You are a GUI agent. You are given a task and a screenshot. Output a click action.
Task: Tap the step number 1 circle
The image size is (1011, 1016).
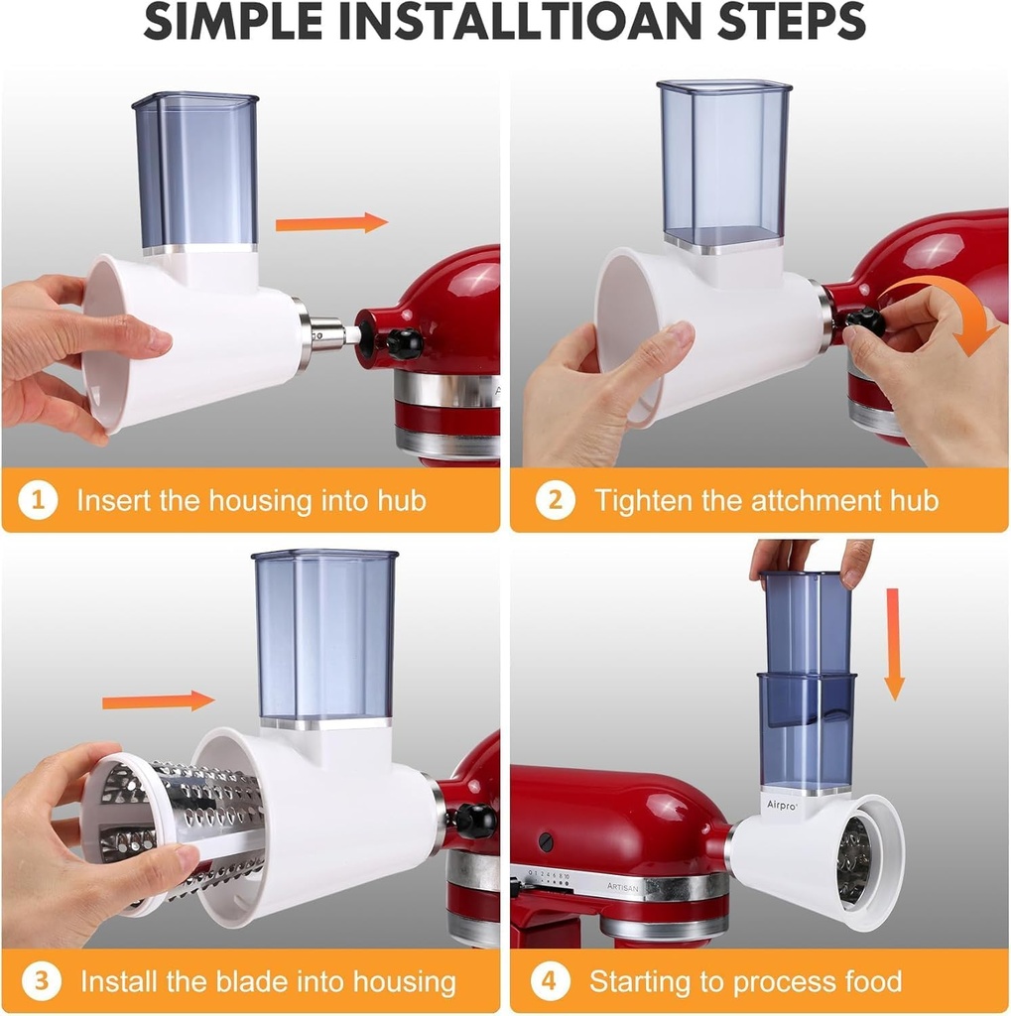click(x=38, y=500)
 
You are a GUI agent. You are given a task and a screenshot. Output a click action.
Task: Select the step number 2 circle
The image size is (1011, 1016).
click(x=555, y=500)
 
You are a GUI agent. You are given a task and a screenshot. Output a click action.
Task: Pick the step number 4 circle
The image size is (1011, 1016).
click(x=550, y=982)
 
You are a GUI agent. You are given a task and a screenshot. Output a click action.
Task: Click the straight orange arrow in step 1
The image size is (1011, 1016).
click(x=330, y=222)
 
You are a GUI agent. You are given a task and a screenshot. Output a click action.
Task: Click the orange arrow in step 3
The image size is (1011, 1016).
click(x=158, y=701)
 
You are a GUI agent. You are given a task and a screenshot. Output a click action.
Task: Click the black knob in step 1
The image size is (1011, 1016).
click(x=404, y=343)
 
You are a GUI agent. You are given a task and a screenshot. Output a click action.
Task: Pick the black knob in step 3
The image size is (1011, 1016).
click(x=473, y=821)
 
